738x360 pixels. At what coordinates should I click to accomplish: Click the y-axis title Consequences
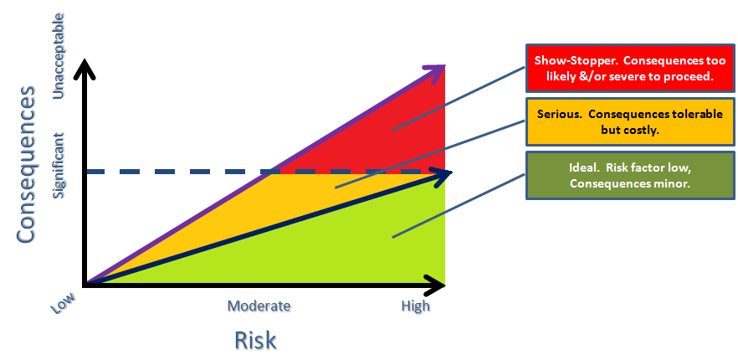click(26, 164)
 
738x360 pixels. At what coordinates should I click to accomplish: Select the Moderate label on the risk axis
click(259, 306)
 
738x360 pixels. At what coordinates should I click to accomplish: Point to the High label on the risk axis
click(416, 306)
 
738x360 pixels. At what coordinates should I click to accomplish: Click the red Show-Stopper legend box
click(630, 69)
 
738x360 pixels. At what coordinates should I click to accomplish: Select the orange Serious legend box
click(630, 121)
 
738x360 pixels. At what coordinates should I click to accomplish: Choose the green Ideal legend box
click(630, 175)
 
